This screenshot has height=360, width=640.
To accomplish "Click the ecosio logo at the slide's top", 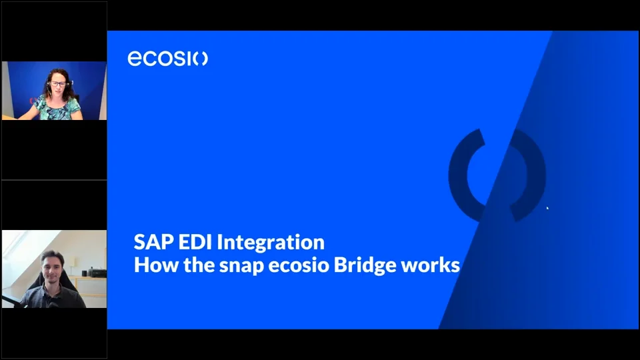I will (x=167, y=59).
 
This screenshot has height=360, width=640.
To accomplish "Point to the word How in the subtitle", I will (x=153, y=265).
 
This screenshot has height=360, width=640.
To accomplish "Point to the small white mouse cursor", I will (x=547, y=209).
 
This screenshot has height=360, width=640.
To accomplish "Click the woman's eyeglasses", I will (x=59, y=84).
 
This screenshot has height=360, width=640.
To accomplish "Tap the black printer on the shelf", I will (x=97, y=272).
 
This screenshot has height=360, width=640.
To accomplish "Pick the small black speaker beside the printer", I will (x=85, y=273).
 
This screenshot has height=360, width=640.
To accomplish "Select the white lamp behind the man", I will (x=73, y=263).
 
